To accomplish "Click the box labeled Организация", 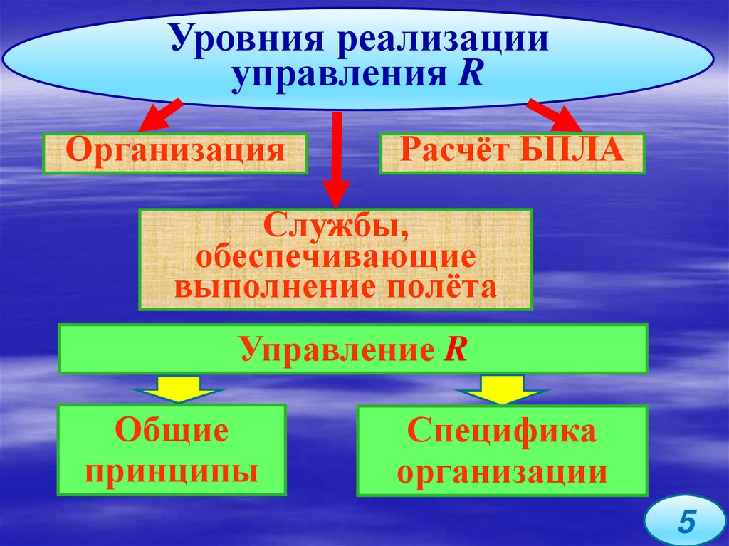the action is click(175, 153).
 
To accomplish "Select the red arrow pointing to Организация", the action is click(158, 117).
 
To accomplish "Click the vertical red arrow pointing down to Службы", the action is click(336, 164).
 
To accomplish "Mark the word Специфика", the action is click(502, 433).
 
